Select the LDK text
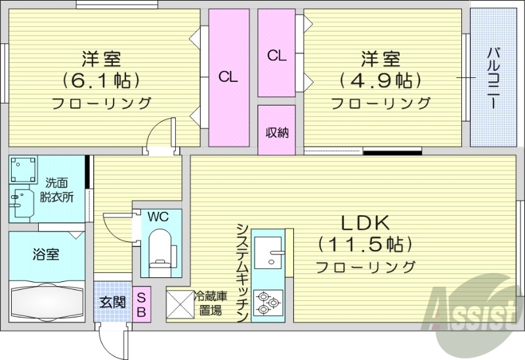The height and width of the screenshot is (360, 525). coord(365,221)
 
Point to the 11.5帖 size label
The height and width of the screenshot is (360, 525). coord(365,244)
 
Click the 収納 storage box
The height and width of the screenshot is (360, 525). coord(276,132)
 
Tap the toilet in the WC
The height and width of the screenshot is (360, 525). coord(160,249)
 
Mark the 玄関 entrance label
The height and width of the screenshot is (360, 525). coord(112,302)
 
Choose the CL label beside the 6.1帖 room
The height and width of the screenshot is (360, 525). coord(228,77)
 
